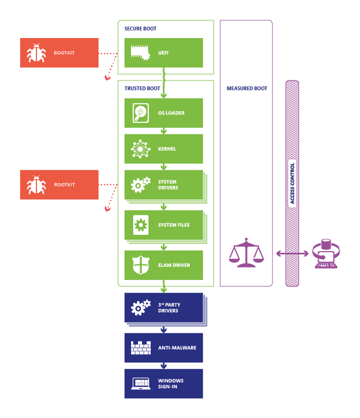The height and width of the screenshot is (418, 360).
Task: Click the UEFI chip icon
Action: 140,52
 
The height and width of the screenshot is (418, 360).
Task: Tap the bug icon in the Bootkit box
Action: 36,53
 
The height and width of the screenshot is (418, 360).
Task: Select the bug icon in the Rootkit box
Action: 36,185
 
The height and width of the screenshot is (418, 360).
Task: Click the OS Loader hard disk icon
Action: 140,113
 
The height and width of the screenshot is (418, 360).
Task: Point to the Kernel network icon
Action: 140,148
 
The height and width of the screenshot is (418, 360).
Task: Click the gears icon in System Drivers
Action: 140,185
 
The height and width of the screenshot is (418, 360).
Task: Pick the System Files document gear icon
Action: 140,224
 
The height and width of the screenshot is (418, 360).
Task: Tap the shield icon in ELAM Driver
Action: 140,265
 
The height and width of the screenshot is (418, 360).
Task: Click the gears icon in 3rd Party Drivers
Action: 140,307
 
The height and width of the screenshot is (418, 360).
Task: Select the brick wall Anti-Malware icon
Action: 140,347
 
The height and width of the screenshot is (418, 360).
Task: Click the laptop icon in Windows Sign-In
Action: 140,384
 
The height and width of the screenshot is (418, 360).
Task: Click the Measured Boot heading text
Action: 246,88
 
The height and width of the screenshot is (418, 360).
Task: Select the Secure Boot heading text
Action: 140,28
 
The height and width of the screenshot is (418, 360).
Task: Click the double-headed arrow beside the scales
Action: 293,253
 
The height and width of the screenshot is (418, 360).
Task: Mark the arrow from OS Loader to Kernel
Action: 163,131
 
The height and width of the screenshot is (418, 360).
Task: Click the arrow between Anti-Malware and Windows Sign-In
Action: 163,366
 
